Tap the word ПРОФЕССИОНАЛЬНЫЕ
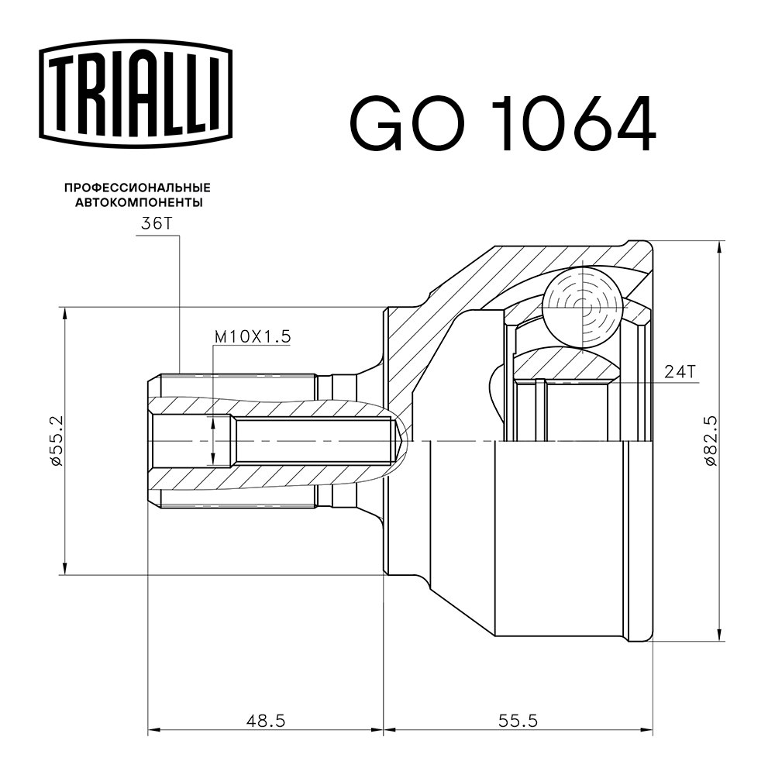[137, 188]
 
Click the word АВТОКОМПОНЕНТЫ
[139, 202]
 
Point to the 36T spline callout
[157, 224]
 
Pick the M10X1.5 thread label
[253, 336]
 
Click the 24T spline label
[680, 371]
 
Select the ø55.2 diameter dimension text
[56, 440]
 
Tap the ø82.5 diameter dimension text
[710, 440]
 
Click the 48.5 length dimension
[266, 721]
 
